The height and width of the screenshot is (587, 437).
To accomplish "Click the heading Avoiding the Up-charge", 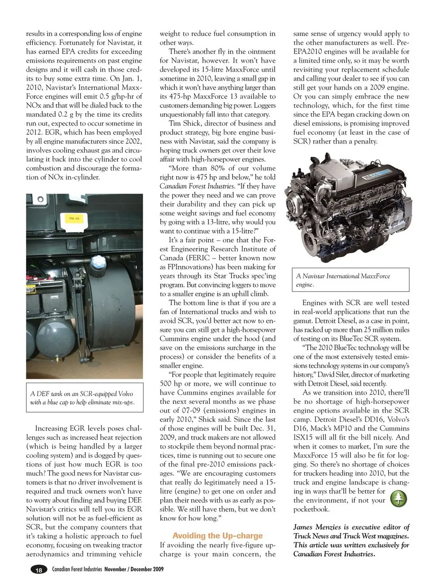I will [x=218, y=536].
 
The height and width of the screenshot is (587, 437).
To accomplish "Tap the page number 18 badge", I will [x=39, y=570].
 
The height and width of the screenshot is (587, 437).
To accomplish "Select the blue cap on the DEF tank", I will [x=98, y=262].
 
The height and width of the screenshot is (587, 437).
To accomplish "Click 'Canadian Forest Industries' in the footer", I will [x=77, y=569].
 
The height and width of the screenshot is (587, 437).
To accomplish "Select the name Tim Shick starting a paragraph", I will [x=181, y=123].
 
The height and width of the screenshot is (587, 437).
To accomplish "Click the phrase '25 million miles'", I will [x=383, y=330].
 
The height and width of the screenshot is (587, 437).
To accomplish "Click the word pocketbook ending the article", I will [x=311, y=509].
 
